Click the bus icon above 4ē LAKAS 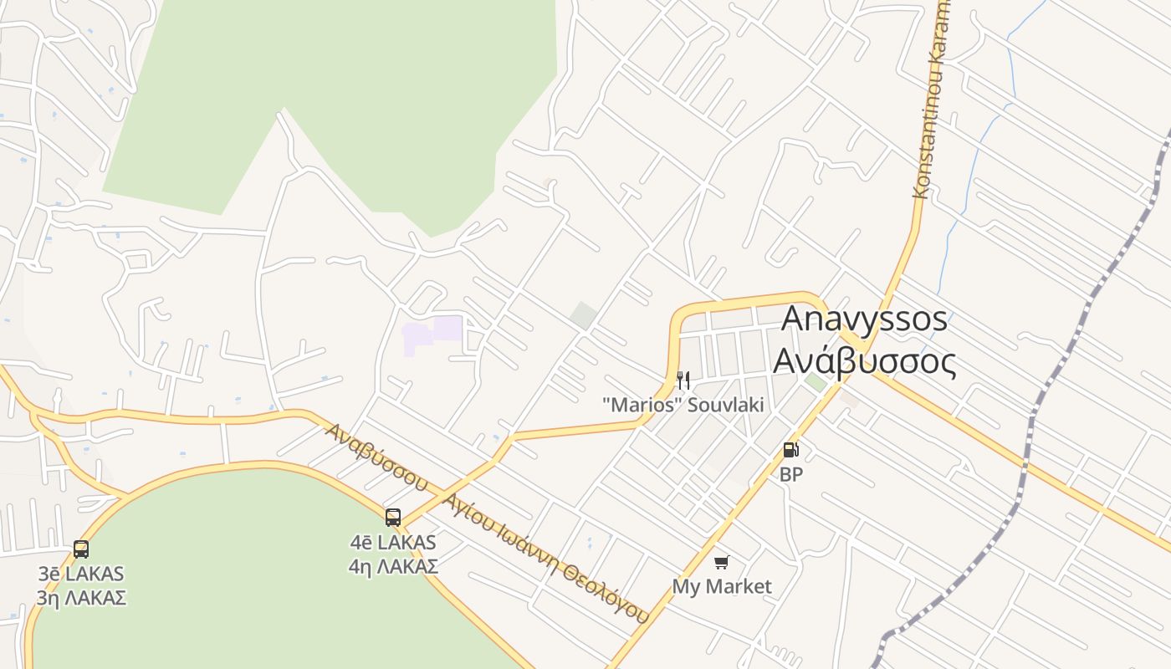point(393,518)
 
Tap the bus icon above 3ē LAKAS point(81,549)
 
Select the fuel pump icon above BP point(790,450)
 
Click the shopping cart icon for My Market point(721,562)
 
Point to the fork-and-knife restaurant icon point(683,381)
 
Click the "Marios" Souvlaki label point(683,405)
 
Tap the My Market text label point(722,586)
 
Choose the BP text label point(790,474)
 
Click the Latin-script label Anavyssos point(864,319)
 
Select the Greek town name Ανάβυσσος point(864,361)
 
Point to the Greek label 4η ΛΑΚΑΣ point(393,566)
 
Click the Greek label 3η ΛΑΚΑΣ point(81,598)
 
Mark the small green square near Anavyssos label point(816,382)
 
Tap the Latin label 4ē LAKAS point(393,542)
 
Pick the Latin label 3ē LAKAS point(81,574)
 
